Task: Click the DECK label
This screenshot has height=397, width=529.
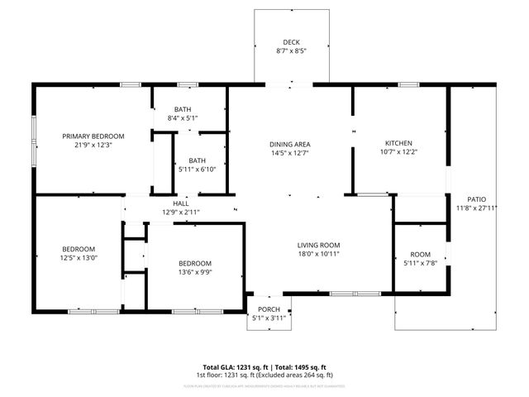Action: (x=291, y=41)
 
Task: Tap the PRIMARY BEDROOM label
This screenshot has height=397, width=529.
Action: (x=93, y=136)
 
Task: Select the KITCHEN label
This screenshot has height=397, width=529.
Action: (x=394, y=143)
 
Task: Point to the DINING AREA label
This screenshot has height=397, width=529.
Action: (x=290, y=144)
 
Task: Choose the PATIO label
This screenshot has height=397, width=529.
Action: (x=477, y=199)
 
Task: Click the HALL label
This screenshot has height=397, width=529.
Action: (x=181, y=203)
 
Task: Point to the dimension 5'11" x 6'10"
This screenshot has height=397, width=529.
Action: (x=197, y=170)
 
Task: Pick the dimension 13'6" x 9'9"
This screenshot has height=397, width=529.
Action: (x=195, y=272)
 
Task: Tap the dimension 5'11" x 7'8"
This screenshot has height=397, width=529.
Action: (x=420, y=263)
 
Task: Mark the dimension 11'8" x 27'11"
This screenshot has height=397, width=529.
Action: (x=477, y=208)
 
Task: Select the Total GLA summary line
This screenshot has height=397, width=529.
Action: (x=264, y=367)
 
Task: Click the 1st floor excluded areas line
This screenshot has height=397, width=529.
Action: (x=264, y=375)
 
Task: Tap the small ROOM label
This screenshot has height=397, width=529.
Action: (x=420, y=255)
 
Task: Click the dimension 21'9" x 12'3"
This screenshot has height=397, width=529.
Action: (x=93, y=145)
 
